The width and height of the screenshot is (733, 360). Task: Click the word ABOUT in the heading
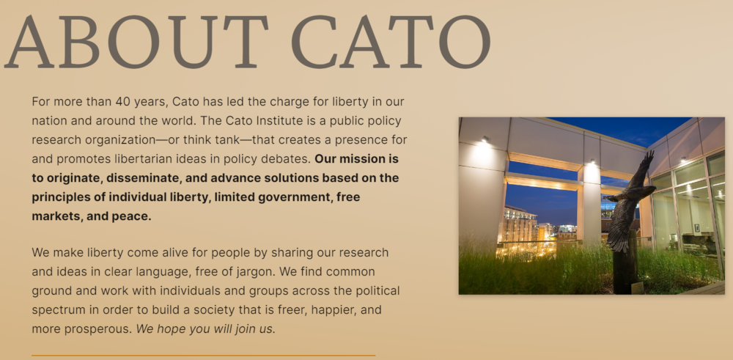[x=136, y=42]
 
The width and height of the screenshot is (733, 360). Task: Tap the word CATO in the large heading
[x=391, y=42]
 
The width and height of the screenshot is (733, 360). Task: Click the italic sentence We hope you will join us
[x=206, y=329]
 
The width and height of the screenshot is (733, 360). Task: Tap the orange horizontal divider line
[x=203, y=356]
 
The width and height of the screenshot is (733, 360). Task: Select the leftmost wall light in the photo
[x=485, y=139]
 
